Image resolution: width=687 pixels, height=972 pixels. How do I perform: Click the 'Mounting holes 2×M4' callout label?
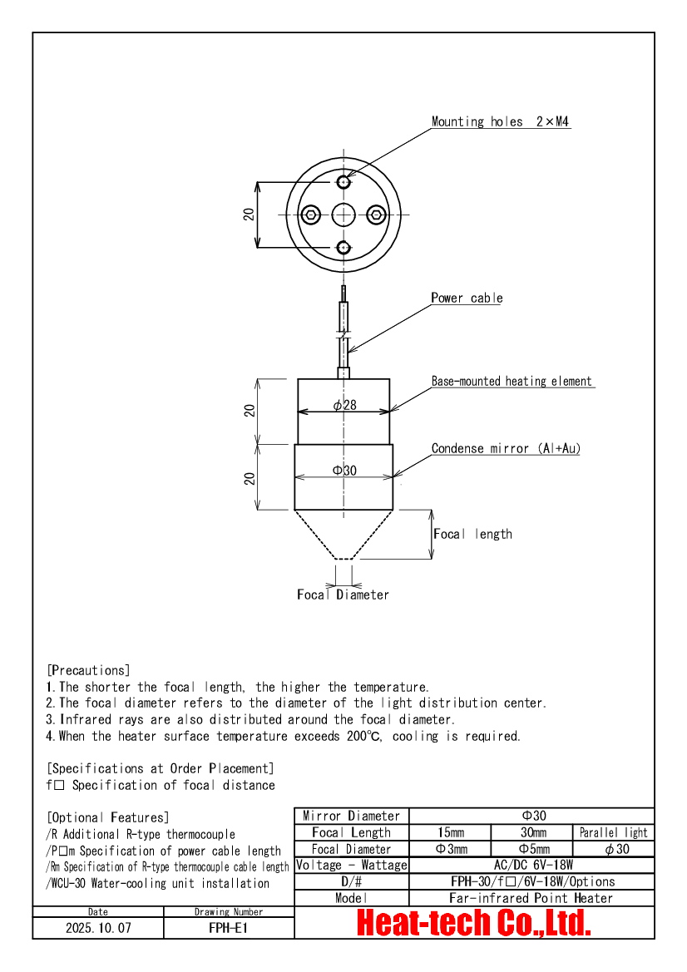(501, 122)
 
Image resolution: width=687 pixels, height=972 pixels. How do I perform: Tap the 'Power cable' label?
(467, 299)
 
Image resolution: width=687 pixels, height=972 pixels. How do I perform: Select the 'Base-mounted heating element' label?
(512, 382)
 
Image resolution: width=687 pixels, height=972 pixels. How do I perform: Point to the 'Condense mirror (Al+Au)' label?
(506, 449)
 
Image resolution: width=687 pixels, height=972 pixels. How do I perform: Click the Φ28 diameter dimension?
(344, 405)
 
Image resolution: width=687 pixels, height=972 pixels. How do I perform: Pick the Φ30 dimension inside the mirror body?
(344, 471)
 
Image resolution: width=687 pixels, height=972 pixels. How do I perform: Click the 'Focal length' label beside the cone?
(472, 534)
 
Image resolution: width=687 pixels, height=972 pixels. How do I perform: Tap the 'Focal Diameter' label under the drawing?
(343, 595)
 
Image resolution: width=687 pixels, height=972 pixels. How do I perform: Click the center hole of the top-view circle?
(343, 215)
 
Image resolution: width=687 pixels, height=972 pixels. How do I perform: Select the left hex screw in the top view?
(310, 215)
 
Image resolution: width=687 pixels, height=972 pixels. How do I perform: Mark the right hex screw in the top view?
(377, 215)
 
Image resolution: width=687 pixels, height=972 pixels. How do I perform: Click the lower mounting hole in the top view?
(343, 247)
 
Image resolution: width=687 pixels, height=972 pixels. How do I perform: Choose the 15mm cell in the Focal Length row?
(451, 832)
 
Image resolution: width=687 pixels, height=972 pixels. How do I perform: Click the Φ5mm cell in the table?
(533, 849)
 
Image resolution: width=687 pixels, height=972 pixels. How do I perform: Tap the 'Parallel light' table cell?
(614, 832)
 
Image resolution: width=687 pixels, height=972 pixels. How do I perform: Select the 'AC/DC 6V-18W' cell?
(532, 865)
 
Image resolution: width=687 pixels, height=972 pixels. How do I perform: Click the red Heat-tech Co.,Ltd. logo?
(474, 923)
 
